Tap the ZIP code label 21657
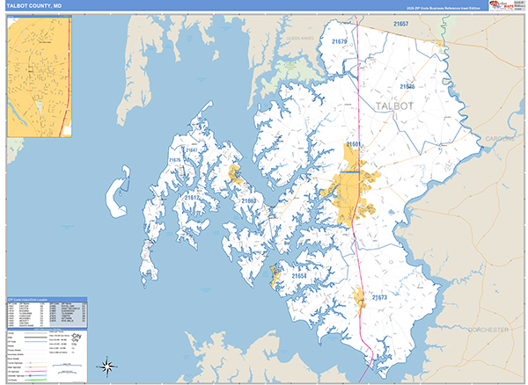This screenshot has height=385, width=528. (401, 23)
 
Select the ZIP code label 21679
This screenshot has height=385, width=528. (339, 41)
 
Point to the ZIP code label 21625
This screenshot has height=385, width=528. (407, 86)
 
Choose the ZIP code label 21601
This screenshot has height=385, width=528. (355, 142)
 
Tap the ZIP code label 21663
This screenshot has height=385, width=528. (250, 201)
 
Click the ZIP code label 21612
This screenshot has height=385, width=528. (192, 198)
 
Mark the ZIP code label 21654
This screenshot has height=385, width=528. (298, 276)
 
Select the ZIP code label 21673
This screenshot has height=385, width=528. (378, 298)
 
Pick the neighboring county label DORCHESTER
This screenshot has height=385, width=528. (488, 330)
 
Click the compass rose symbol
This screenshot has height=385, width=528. (106, 367)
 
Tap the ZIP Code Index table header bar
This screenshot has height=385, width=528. (46, 299)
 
